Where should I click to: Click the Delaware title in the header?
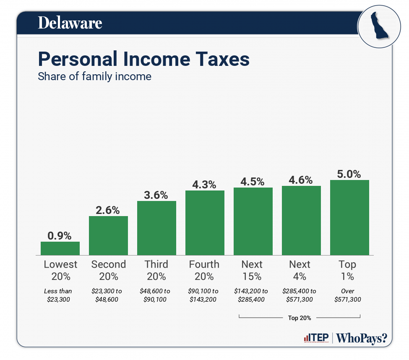[70, 23]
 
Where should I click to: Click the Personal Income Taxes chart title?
[143, 60]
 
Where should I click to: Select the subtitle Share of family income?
[94, 77]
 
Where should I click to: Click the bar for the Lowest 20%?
[60, 248]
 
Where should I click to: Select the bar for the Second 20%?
[108, 235]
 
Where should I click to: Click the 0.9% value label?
[60, 235]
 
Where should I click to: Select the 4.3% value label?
[205, 184]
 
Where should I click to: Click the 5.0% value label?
[349, 174]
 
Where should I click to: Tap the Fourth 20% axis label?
[204, 270]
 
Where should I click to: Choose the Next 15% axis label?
[252, 270]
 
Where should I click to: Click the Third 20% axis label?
[156, 270]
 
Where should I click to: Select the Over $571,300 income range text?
[347, 295]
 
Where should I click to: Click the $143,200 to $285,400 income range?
[252, 295]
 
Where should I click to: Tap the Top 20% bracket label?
[300, 318]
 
